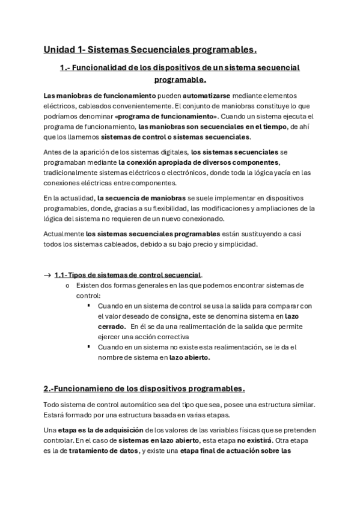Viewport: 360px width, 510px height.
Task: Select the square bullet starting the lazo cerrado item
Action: click(88, 306)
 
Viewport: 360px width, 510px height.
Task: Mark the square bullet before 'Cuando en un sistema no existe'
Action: click(88, 347)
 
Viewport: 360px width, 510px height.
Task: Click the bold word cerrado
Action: click(111, 327)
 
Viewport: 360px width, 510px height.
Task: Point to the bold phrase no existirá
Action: click(230, 441)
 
